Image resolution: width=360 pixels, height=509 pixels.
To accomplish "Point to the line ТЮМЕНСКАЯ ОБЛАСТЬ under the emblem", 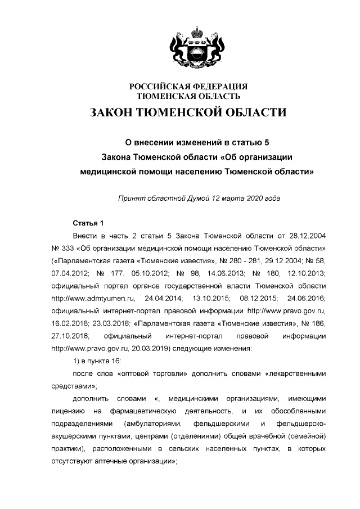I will pyautogui.click(x=188, y=96).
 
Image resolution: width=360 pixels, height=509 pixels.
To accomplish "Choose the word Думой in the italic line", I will pyautogui.click(x=207, y=199).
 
